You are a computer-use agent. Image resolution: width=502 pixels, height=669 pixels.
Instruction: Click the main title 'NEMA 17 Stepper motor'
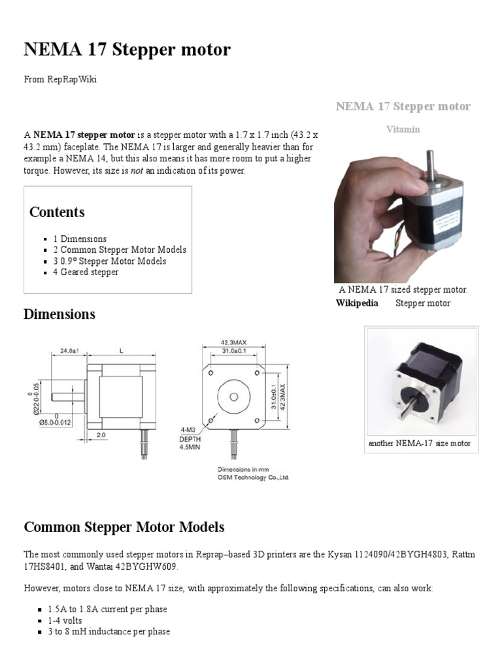(x=127, y=50)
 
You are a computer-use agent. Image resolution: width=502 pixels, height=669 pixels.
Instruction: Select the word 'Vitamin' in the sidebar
(x=403, y=129)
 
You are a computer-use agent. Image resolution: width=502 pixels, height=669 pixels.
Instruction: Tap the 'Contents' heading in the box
(x=57, y=212)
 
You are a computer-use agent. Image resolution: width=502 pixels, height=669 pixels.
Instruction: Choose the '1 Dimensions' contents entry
(x=80, y=239)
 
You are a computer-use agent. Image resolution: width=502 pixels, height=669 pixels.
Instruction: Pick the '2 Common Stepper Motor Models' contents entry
(x=120, y=250)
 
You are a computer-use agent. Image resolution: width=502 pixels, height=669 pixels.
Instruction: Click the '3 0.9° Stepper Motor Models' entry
(x=109, y=261)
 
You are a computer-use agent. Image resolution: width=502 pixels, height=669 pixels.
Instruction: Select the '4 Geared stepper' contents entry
(x=86, y=272)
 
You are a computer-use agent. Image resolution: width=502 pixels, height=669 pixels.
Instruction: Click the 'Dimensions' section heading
(x=59, y=314)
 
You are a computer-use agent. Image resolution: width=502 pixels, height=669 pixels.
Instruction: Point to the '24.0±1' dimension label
(x=69, y=351)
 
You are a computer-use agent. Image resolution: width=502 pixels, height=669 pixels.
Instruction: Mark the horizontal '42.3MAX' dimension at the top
(x=233, y=342)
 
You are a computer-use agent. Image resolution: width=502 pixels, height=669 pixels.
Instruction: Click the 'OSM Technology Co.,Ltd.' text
(x=253, y=478)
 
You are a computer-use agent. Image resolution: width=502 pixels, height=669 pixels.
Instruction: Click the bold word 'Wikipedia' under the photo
(x=357, y=303)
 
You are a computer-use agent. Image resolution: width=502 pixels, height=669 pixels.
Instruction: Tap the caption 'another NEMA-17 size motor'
(x=419, y=444)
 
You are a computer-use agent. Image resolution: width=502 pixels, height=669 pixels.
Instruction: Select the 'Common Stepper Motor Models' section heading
(x=124, y=527)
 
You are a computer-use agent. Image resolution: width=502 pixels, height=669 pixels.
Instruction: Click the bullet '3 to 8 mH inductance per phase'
(x=109, y=632)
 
